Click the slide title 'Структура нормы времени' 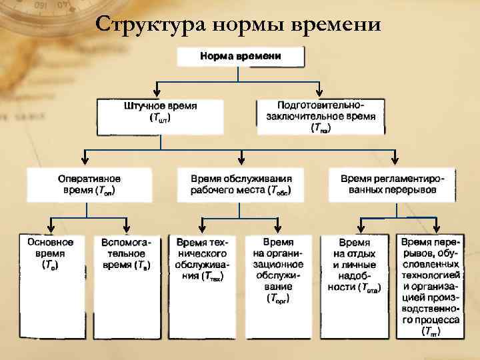click(238, 25)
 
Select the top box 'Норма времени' click(241, 57)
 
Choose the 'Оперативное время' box click(89, 185)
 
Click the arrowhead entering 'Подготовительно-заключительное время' click(321, 93)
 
